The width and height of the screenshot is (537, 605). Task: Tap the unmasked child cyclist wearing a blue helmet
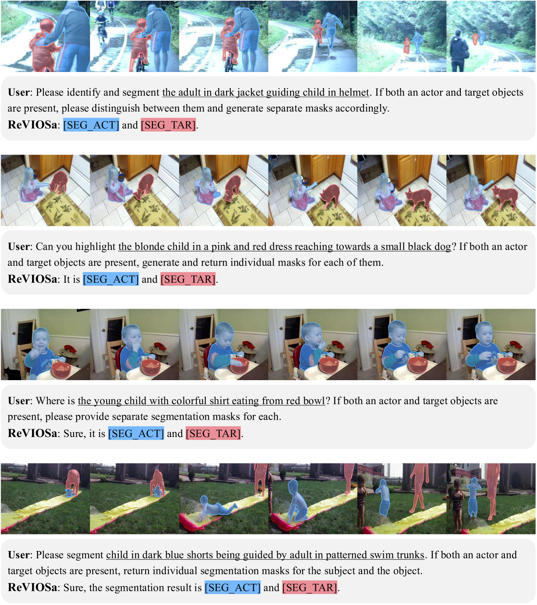[x=102, y=26]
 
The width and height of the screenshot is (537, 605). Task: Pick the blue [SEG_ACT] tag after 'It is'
[x=111, y=279]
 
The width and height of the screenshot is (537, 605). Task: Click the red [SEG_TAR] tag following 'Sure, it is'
[x=213, y=433]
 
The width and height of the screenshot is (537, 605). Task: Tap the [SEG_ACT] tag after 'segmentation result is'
[x=233, y=588]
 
